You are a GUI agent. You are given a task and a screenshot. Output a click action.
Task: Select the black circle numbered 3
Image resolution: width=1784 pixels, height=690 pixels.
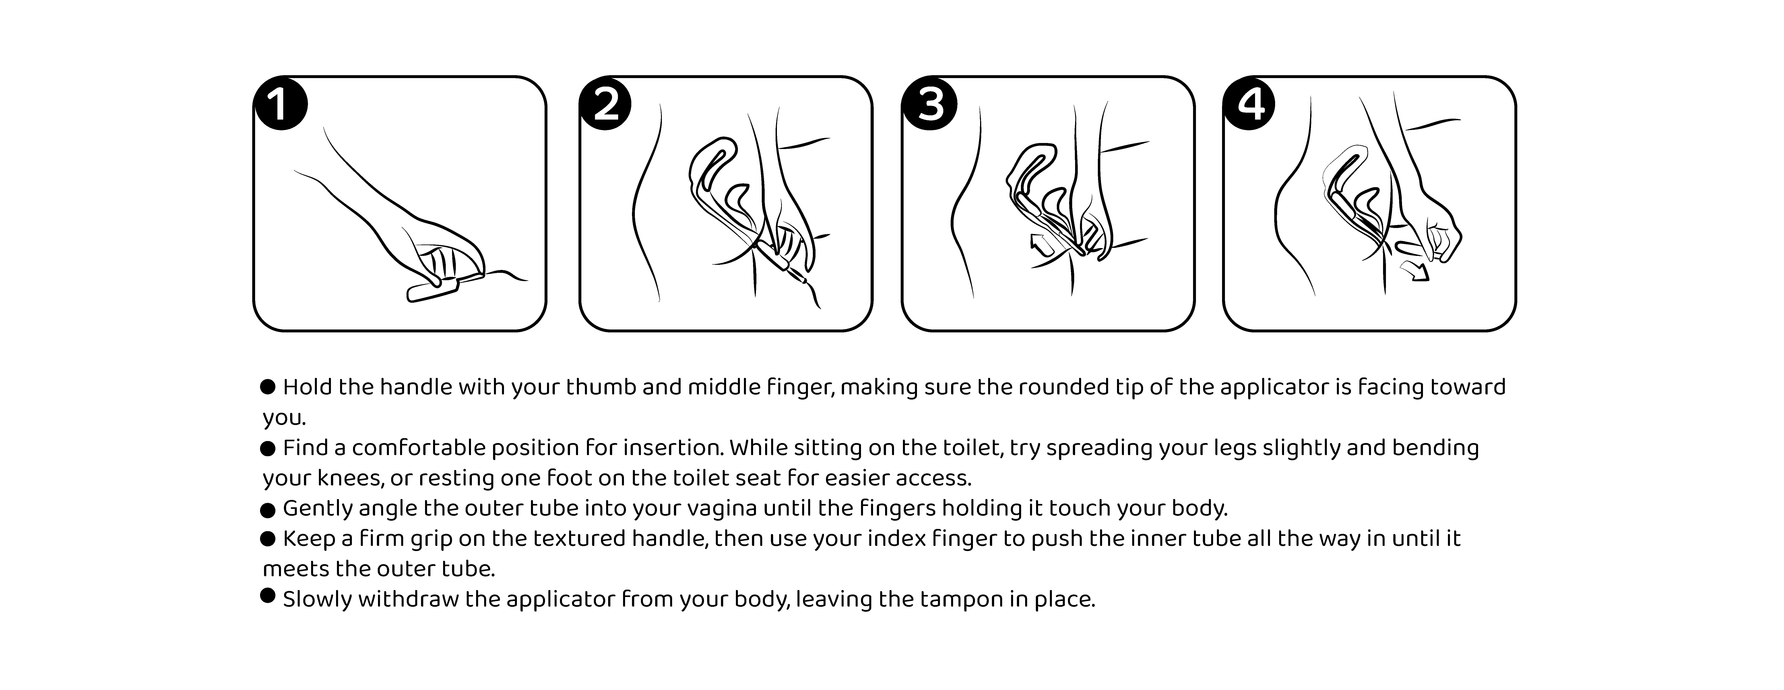pos(929,104)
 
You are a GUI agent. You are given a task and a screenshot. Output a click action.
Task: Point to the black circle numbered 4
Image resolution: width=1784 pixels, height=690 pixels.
pos(1251,104)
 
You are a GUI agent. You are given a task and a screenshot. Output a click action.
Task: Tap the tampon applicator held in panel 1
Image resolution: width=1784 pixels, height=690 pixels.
pos(443,288)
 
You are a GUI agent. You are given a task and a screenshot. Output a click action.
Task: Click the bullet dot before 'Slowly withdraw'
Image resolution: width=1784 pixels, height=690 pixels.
pos(268,595)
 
